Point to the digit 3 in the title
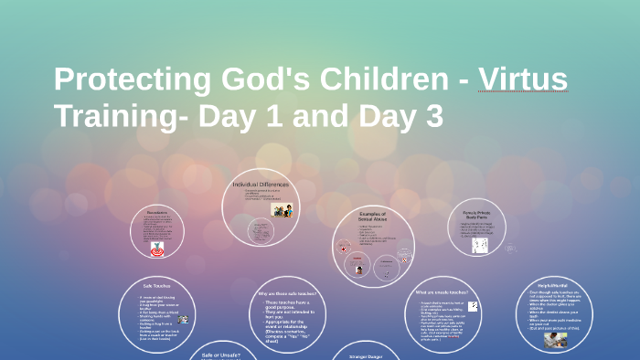pyautogui.click(x=431, y=116)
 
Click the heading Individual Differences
pyautogui.click(x=261, y=185)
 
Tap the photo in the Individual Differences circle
pyautogui.click(x=281, y=209)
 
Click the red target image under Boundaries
pyautogui.click(x=157, y=248)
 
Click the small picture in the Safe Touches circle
pyautogui.click(x=184, y=319)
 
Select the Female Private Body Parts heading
pyautogui.click(x=478, y=215)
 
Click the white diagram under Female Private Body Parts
pyautogui.click(x=479, y=245)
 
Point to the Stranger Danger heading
pyautogui.click(x=366, y=355)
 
